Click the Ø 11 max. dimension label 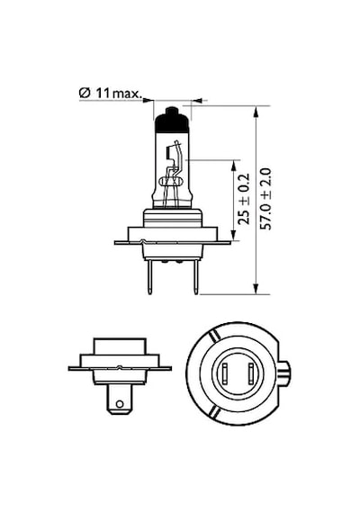coord(111,93)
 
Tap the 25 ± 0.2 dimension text coord(244,199)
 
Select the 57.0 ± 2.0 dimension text coord(265,199)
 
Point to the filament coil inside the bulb coord(171,181)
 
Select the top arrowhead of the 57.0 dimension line coord(256,112)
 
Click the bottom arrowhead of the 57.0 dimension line coord(256,288)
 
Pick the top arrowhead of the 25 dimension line coord(233,166)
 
